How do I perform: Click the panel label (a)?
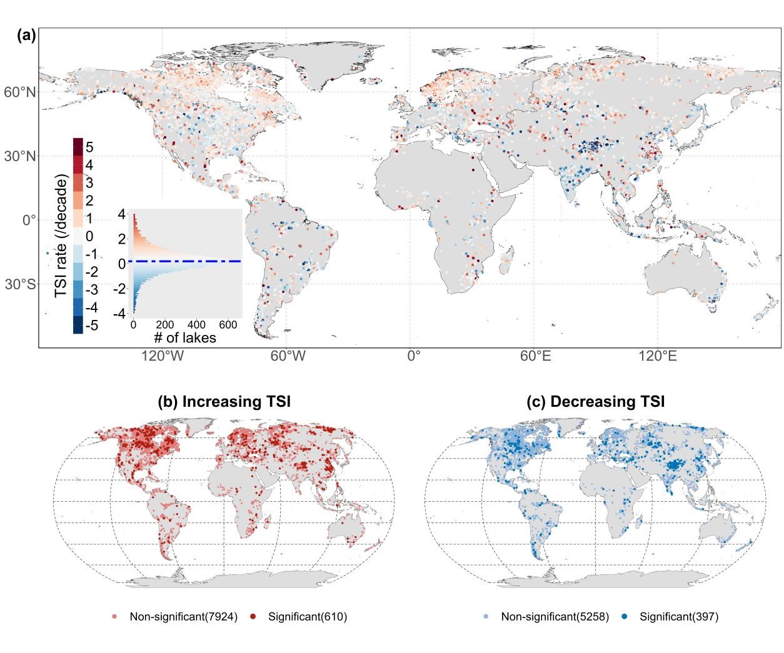[x=26, y=36]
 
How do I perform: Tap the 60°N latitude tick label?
[x=20, y=92]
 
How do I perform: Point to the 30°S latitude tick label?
[x=20, y=285]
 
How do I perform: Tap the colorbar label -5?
[x=91, y=326]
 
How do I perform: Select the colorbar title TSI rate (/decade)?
[x=61, y=236]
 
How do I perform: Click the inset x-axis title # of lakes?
[x=185, y=338]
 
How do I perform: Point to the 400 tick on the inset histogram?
[x=196, y=326]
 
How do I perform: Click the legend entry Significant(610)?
[x=307, y=617]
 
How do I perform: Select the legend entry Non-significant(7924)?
[x=183, y=617]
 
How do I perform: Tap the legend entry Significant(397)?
[x=679, y=617]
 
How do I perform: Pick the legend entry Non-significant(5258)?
[x=555, y=617]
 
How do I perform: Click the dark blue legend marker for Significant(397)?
[x=625, y=617]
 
